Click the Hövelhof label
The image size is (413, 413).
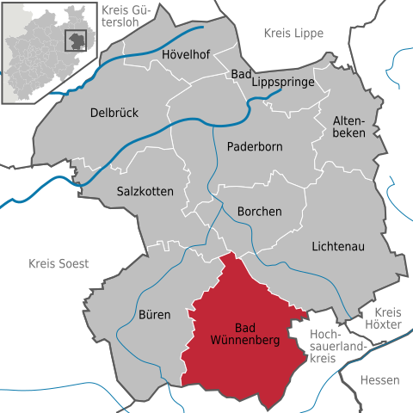pos(187,55)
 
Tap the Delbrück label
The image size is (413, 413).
pos(114,113)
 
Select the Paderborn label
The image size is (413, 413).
pos(255,146)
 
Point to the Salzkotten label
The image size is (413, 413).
pos(145,191)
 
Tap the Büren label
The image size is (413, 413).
pos(154,315)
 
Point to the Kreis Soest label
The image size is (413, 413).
pos(59,264)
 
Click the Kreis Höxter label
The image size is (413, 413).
pos(389,319)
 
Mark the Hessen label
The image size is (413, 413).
pos(380,379)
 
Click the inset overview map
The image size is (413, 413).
pos(52,52)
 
